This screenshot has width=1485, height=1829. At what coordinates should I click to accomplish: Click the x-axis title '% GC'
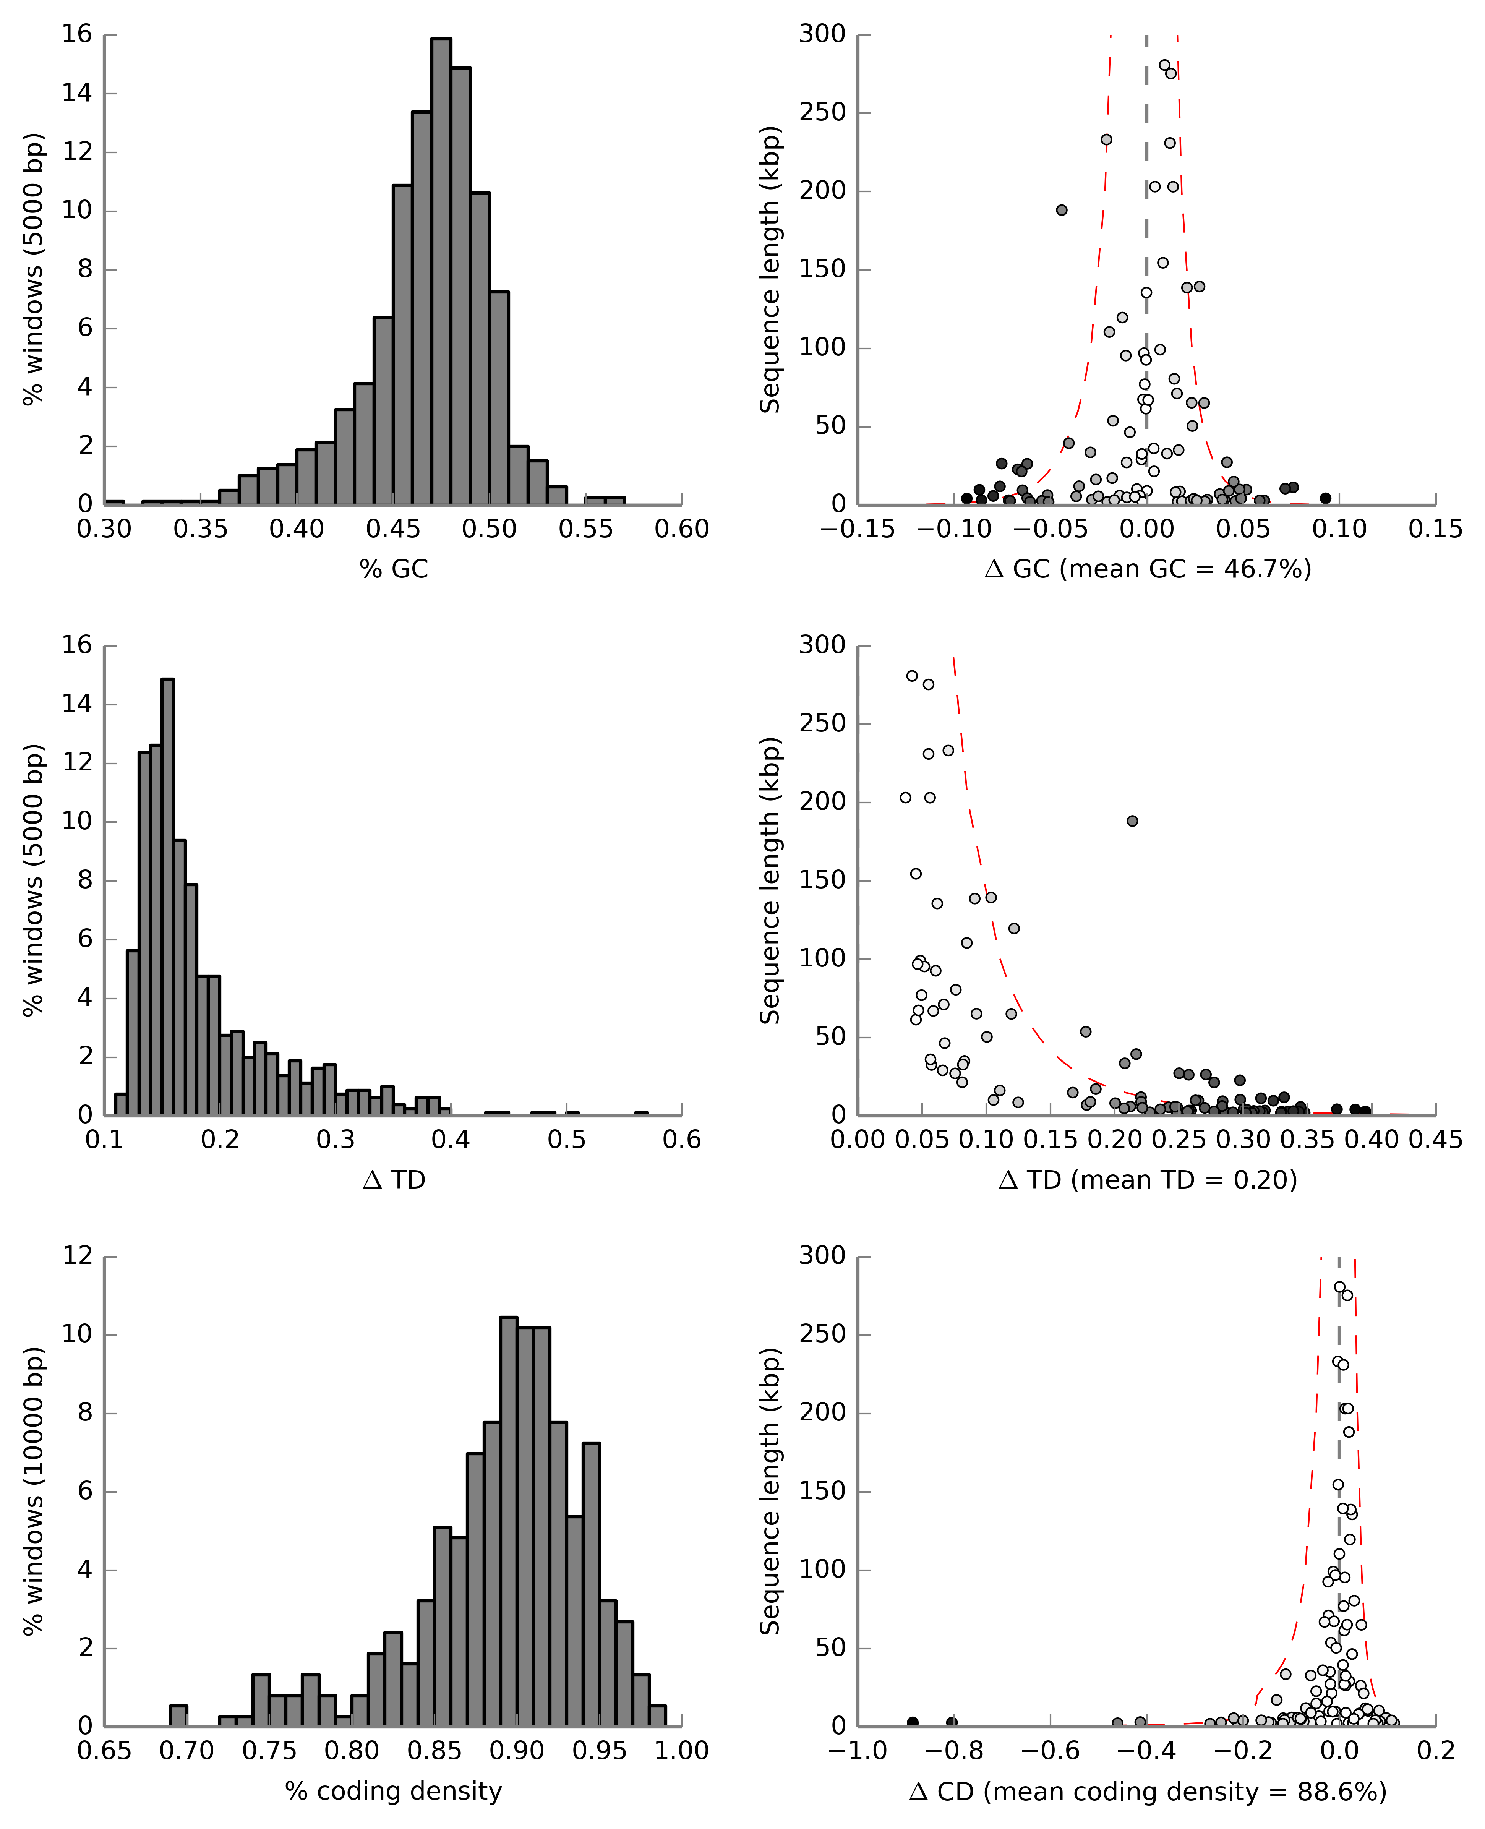coord(394,569)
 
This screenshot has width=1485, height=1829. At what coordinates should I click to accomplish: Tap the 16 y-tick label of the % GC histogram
coord(77,34)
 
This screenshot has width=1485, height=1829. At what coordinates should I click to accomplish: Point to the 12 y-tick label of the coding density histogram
coord(77,1256)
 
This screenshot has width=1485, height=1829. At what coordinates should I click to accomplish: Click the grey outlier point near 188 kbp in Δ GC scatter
coord(1062,209)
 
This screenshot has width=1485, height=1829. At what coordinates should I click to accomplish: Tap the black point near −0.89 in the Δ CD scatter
coord(913,1722)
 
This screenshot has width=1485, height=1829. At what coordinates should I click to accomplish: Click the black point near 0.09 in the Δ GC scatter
coord(1325,498)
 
